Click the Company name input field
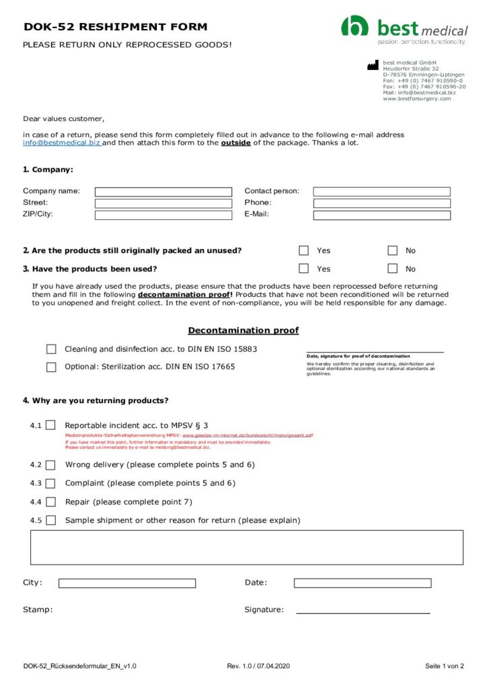[x=163, y=192]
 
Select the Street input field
[x=163, y=203]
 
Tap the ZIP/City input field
[x=163, y=215]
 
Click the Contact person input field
[x=381, y=192]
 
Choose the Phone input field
[x=381, y=203]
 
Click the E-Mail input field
[x=381, y=215]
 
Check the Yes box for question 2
[x=304, y=251]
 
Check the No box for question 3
[x=393, y=269]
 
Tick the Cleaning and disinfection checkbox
[x=51, y=349]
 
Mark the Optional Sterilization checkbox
[x=51, y=367]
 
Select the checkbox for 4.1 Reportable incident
[x=51, y=426]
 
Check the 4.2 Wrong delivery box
[x=51, y=465]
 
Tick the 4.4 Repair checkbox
[x=51, y=502]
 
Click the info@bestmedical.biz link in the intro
[x=62, y=143]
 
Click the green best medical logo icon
[x=354, y=27]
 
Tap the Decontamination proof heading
[x=243, y=330]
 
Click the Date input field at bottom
[x=362, y=583]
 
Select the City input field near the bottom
[x=126, y=583]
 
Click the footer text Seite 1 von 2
[x=444, y=666]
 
